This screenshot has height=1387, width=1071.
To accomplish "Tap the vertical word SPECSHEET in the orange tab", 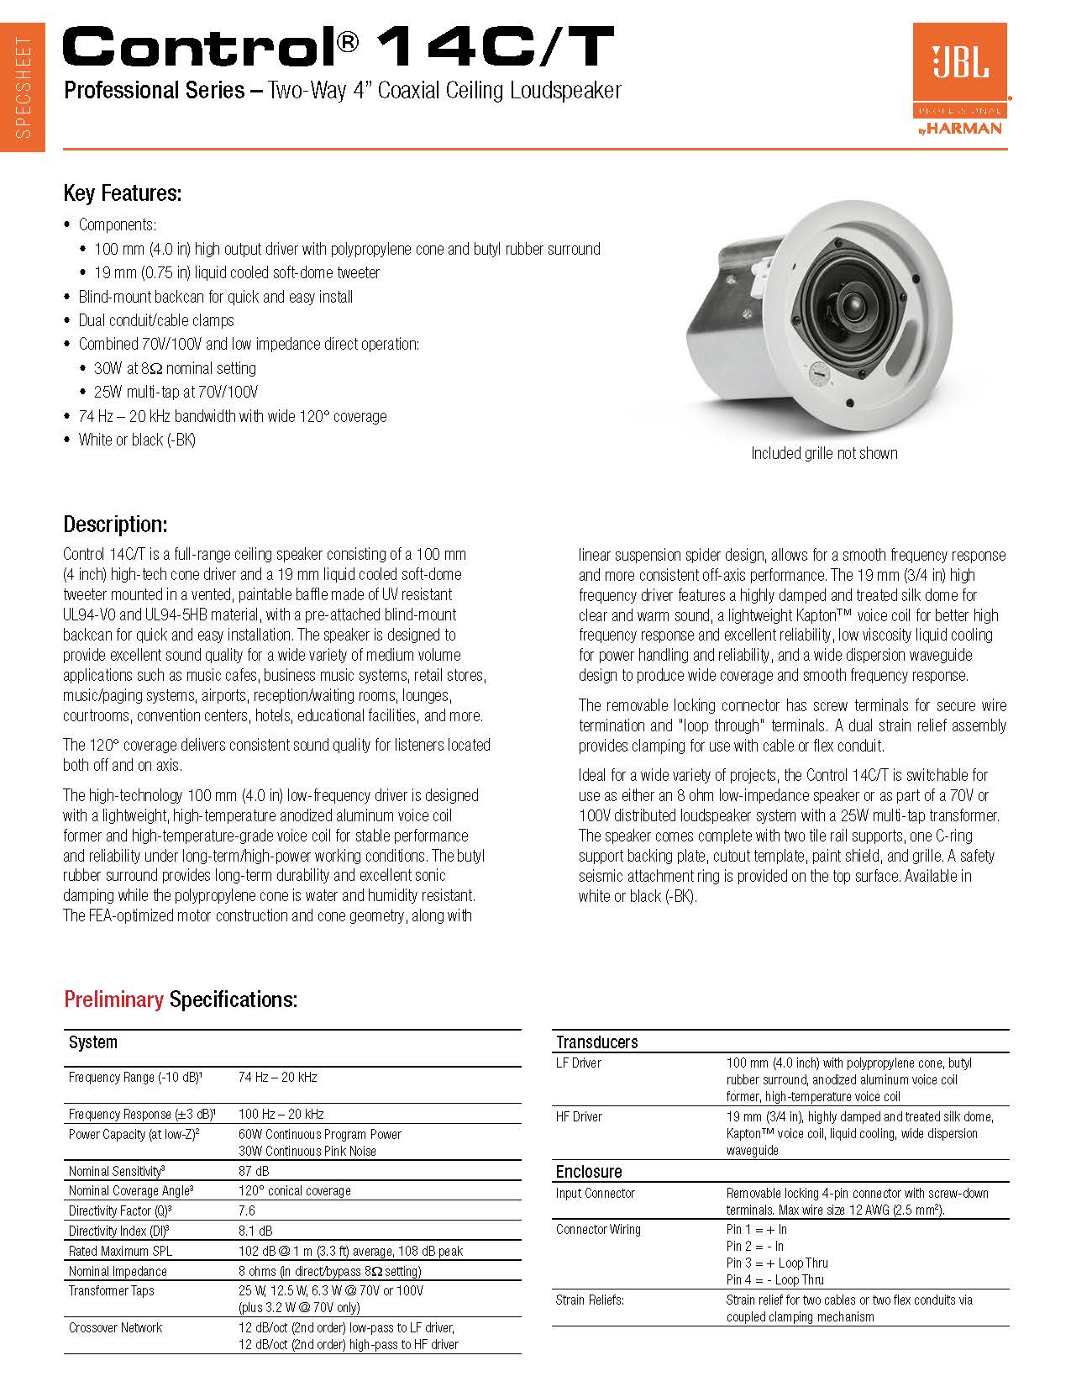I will [x=24, y=88].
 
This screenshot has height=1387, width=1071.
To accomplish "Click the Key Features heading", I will [x=123, y=193].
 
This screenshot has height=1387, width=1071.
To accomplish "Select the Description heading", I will [x=115, y=525].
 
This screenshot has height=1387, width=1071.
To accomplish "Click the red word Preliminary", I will [x=113, y=999].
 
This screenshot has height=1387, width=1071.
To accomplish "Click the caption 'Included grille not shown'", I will [x=824, y=453].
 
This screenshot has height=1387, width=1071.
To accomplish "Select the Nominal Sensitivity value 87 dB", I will [x=254, y=1171].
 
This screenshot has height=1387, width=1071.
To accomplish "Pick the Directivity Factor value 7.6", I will [x=247, y=1210].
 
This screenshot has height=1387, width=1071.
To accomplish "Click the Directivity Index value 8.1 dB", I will [x=255, y=1231].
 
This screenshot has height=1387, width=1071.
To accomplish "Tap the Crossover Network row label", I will [x=116, y=1328].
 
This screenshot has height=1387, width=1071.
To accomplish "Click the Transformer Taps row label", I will [x=112, y=1290].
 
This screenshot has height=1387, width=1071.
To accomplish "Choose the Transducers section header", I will [x=597, y=1042].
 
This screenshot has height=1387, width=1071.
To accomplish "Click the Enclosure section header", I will [x=589, y=1172].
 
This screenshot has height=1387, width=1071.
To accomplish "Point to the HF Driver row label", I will [x=579, y=1116].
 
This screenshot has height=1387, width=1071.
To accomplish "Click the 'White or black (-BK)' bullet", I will [x=137, y=440].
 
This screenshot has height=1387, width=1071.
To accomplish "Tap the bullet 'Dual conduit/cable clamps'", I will [x=156, y=320].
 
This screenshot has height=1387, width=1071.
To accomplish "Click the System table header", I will [x=93, y=1042].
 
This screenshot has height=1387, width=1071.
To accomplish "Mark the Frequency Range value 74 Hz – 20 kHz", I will [x=278, y=1077].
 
